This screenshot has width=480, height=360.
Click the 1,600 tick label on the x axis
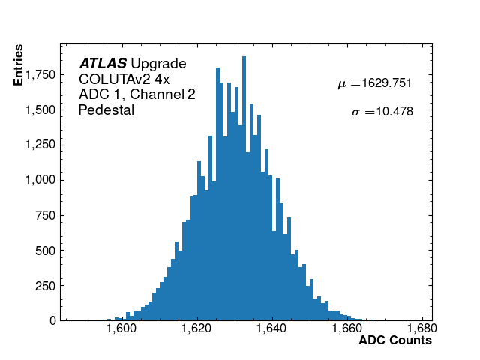[x=121, y=328]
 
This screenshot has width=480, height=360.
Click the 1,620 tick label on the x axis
[x=196, y=328]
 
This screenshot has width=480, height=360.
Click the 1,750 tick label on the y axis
[x=39, y=74]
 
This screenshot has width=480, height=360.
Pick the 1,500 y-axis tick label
[x=39, y=109]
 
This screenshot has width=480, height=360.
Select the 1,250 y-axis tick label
[x=39, y=145]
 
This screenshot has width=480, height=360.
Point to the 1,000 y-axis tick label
[x=39, y=180]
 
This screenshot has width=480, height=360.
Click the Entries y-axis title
[x=19, y=65]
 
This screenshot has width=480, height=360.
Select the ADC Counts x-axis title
[x=395, y=340]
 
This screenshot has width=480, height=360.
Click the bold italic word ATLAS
[x=103, y=63]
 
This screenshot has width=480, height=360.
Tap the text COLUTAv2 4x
[x=124, y=79]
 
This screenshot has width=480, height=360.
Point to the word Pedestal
[x=106, y=110]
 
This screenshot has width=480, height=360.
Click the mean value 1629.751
[x=384, y=83]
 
